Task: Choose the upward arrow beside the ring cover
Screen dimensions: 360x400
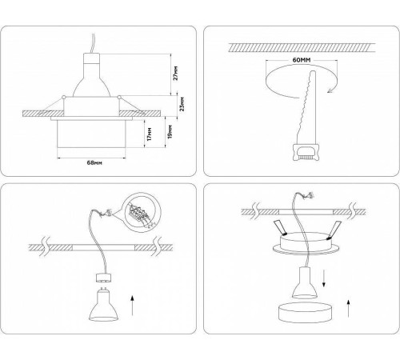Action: tap(349, 306)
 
